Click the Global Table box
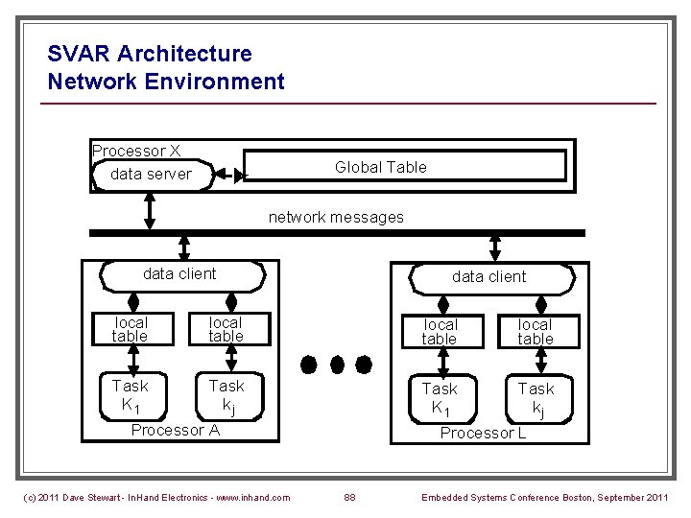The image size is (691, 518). click(x=403, y=167)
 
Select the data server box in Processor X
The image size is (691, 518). click(x=152, y=175)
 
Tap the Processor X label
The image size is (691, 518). click(x=136, y=151)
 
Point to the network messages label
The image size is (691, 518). click(x=336, y=217)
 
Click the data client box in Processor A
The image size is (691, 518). click(x=179, y=274)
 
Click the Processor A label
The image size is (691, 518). click(x=176, y=430)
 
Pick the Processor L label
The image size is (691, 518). click(x=483, y=433)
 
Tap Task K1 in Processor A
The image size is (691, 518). click(x=130, y=394)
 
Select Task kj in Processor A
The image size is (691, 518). click(x=226, y=394)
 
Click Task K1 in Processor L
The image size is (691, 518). click(x=440, y=397)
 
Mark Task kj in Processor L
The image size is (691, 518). click(x=536, y=397)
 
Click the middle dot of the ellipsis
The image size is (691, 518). click(x=336, y=365)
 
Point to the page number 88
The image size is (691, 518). click(x=350, y=497)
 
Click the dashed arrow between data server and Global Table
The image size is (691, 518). click(x=228, y=175)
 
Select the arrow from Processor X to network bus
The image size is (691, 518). click(x=150, y=211)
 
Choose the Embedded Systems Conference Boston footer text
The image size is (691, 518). click(x=545, y=497)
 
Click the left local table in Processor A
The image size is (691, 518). click(x=130, y=329)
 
